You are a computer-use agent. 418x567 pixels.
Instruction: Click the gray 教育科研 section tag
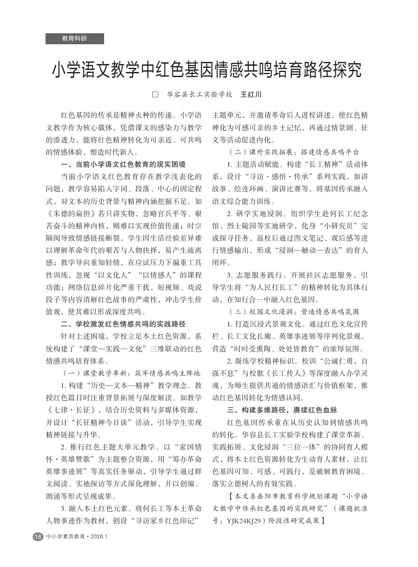coord(75,39)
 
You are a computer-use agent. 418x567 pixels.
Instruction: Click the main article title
coord(206,70)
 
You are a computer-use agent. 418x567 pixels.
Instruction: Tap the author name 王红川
coord(251,94)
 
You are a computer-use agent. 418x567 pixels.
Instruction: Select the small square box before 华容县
coord(155,94)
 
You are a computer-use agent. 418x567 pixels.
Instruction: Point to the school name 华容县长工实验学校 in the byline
coord(199,94)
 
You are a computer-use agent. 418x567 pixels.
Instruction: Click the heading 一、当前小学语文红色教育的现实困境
coord(123,164)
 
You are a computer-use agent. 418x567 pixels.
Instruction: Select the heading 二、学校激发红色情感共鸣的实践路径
coord(123,324)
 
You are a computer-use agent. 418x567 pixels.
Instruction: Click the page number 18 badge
coord(38,537)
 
